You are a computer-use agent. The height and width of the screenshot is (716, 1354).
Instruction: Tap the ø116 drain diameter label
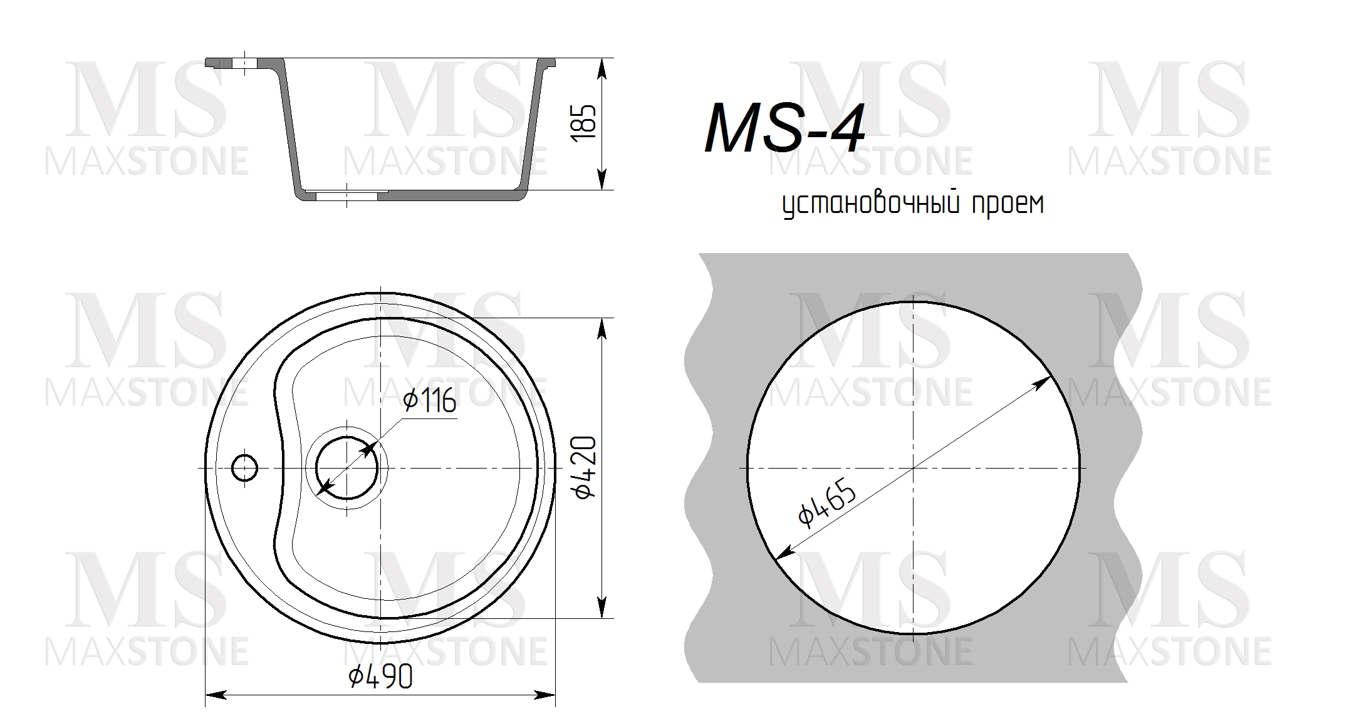click(429, 401)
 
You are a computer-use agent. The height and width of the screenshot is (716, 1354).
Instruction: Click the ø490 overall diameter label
click(380, 677)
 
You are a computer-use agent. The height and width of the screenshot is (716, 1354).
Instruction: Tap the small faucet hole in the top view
click(244, 467)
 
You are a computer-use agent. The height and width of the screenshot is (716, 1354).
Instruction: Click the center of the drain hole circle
click(346, 468)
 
